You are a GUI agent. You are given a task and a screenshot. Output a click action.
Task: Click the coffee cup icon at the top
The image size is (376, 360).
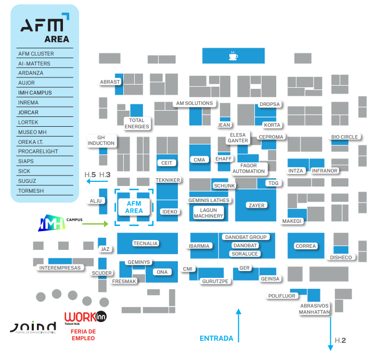click(x=234, y=55)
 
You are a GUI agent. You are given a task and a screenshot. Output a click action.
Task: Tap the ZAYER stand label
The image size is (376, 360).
click(x=256, y=205)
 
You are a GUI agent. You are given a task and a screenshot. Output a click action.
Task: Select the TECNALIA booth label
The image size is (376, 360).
click(x=146, y=243)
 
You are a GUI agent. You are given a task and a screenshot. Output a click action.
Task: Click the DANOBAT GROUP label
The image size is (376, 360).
click(x=245, y=237)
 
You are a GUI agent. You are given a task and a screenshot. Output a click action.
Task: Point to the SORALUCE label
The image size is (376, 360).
click(x=245, y=254)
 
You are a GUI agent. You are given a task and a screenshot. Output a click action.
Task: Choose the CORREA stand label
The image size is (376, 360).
click(x=305, y=246)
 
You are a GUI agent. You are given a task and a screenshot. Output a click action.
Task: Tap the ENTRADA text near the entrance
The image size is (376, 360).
click(x=216, y=339)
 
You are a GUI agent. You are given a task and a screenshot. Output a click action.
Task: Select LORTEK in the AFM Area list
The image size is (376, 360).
click(x=28, y=122)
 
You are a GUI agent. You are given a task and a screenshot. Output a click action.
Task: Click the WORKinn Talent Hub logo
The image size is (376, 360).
click(x=81, y=317)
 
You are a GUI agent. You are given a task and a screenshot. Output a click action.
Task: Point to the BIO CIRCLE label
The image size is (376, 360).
click(x=345, y=137)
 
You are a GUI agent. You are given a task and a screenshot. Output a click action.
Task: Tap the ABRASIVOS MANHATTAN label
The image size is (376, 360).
click(x=315, y=309)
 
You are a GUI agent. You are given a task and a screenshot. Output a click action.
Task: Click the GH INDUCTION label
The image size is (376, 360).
click(x=101, y=140)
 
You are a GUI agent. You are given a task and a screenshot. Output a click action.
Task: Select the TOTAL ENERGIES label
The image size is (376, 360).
click(x=137, y=124)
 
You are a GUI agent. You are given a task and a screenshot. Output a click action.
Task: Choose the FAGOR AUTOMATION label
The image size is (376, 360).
click(x=249, y=168)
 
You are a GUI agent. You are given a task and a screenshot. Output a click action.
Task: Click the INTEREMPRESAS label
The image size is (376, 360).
click(x=60, y=268)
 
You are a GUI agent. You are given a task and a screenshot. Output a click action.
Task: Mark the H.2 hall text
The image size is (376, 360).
click(x=341, y=341)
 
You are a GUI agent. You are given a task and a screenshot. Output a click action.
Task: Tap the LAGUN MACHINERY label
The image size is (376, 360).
click(x=208, y=213)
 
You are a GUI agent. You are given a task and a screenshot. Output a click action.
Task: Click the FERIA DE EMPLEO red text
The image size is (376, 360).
click(x=83, y=335)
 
